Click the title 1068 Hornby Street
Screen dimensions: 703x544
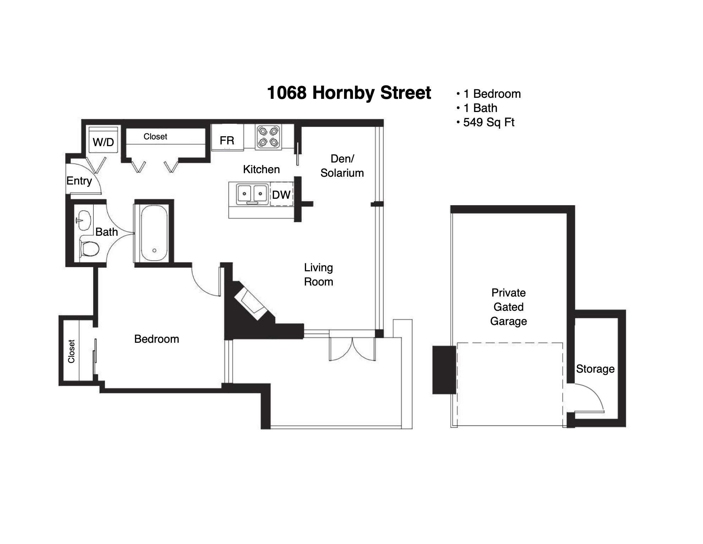pyautogui.click(x=349, y=93)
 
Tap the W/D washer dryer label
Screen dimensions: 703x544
pyautogui.click(x=103, y=142)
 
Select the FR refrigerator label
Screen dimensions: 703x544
pyautogui.click(x=227, y=141)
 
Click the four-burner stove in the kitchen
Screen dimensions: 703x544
pyautogui.click(x=268, y=137)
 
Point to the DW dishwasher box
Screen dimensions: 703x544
pyautogui.click(x=282, y=194)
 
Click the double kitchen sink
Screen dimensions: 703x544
pyautogui.click(x=252, y=194)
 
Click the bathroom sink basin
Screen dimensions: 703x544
pyautogui.click(x=84, y=220)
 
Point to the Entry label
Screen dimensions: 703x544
pyautogui.click(x=79, y=181)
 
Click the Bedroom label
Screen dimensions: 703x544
pyautogui.click(x=157, y=339)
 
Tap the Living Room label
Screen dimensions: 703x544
pyautogui.click(x=318, y=274)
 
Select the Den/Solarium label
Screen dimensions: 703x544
pyautogui.click(x=342, y=166)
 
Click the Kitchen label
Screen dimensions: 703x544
pyautogui.click(x=261, y=170)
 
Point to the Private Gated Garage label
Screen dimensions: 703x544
pyautogui.click(x=508, y=307)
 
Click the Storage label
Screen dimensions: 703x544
pyautogui.click(x=595, y=369)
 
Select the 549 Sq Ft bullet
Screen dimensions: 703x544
pyautogui.click(x=485, y=122)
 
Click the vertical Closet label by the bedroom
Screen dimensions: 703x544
pyautogui.click(x=71, y=351)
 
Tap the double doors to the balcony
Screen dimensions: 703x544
pyautogui.click(x=352, y=349)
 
